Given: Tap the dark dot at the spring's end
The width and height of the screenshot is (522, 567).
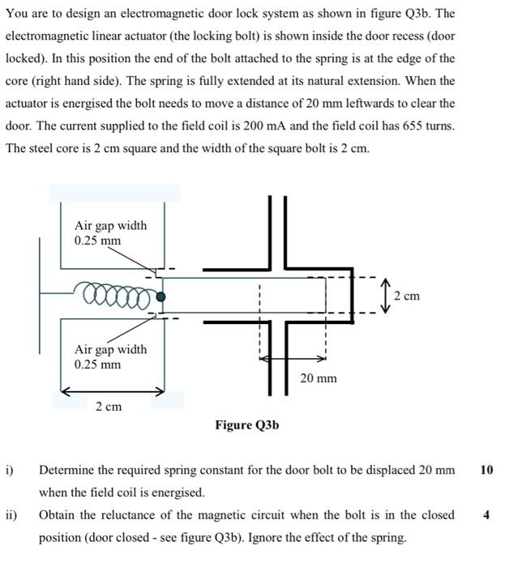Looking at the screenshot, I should point(161,296).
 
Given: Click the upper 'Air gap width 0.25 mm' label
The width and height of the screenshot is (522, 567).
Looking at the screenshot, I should point(110,232).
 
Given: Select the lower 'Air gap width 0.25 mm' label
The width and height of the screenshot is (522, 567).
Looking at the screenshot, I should point(110,356).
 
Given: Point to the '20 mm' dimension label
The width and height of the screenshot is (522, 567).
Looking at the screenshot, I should point(319,378).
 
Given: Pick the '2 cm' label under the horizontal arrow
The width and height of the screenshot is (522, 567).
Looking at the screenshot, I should point(109,407).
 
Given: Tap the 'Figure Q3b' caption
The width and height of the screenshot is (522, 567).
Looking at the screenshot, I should point(247,424).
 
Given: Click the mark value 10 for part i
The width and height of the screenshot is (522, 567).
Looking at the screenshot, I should point(486,470).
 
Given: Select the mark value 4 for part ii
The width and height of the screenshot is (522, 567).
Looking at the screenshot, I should point(486,515).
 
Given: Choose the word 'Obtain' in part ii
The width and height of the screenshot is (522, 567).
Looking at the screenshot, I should point(58,515).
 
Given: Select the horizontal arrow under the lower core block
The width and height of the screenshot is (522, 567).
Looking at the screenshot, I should point(113,391).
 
